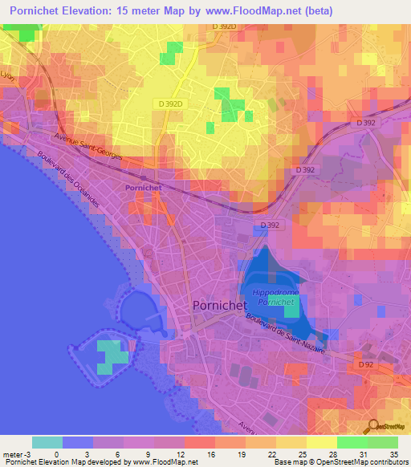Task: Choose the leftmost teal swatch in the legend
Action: point(47,442)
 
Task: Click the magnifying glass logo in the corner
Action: point(372,428)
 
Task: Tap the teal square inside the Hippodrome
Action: point(291,306)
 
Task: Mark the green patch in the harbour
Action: point(112,356)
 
